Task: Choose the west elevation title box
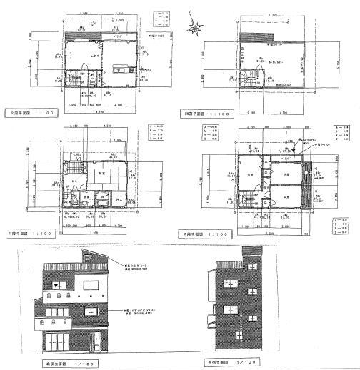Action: [229, 364]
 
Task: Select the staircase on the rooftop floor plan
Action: [251, 81]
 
